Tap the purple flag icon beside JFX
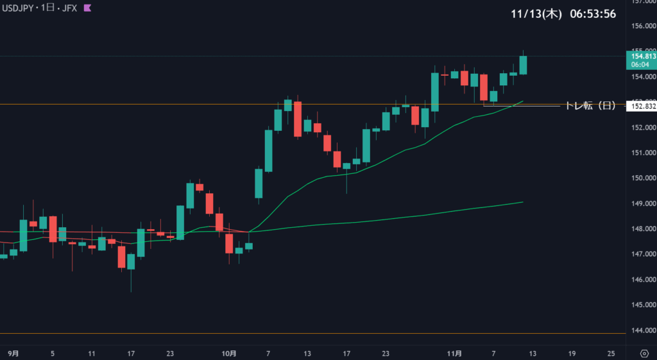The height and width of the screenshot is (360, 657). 88,8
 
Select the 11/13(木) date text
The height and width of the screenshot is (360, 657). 536,14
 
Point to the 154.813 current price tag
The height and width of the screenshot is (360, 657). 642,56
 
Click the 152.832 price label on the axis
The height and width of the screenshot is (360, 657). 642,107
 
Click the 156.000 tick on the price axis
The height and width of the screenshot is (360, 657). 642,26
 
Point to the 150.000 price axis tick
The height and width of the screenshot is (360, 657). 642,178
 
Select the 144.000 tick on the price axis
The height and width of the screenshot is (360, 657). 642,330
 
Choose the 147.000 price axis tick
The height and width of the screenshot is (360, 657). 642,254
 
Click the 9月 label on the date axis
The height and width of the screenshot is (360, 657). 13,353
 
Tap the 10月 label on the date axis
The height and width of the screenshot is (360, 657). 229,353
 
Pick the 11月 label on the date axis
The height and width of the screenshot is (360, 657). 454,353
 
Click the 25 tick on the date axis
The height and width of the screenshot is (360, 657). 611,353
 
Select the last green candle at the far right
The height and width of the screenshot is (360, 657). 524,65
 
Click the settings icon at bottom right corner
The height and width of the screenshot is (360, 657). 644,353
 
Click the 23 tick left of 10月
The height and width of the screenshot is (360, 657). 170,353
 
